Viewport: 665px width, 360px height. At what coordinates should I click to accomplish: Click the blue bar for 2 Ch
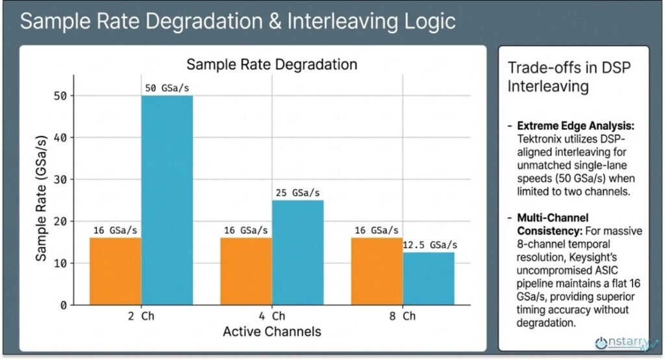click(x=167, y=200)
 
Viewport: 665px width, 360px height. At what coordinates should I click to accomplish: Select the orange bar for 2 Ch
click(x=115, y=271)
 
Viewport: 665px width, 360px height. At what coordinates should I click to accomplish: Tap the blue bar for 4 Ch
click(x=297, y=252)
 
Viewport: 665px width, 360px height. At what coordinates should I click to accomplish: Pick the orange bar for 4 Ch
click(x=245, y=271)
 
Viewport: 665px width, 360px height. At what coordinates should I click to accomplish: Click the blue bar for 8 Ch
click(x=428, y=278)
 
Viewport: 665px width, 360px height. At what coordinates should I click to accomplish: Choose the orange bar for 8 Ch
click(x=376, y=271)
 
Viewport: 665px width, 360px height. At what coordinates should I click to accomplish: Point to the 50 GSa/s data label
click(x=167, y=88)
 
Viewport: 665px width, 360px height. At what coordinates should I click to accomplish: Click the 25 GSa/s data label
click(x=297, y=192)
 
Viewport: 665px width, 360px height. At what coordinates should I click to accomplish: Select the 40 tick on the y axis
click(x=60, y=137)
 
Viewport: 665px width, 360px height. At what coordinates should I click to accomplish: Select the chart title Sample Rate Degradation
click(x=271, y=64)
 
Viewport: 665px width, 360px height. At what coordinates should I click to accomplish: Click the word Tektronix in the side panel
click(x=540, y=138)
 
